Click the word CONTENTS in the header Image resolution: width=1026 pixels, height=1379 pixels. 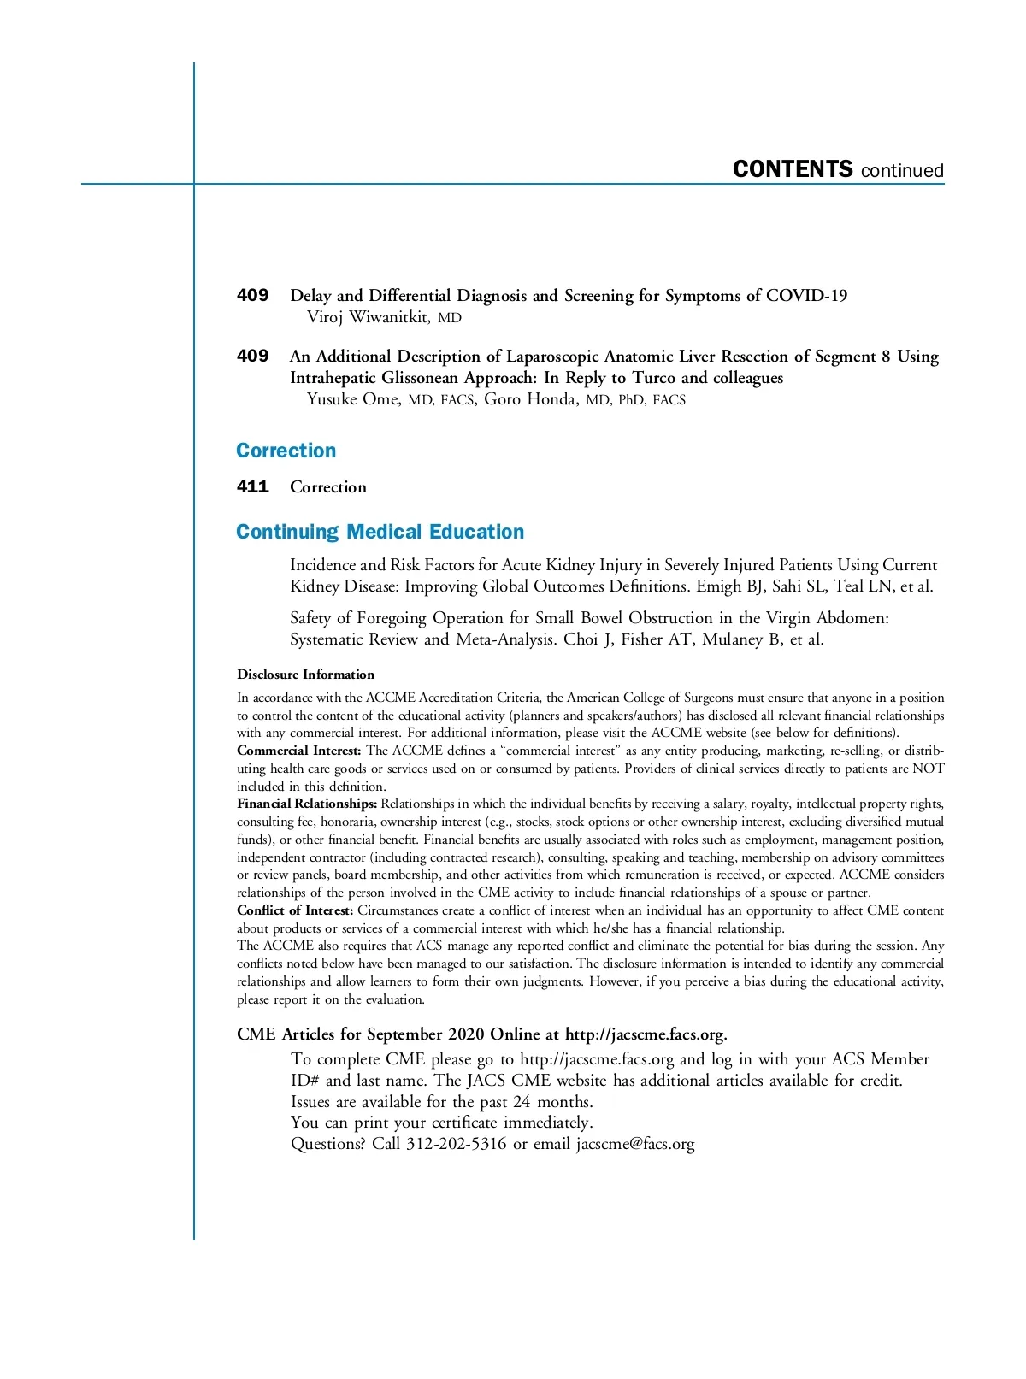pos(793,169)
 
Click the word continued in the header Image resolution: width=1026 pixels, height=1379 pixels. pos(902,171)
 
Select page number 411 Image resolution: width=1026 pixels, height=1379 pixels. pos(252,486)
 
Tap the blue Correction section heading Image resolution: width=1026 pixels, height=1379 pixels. pos(286,451)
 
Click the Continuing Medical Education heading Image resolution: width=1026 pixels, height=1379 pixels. pos(380,532)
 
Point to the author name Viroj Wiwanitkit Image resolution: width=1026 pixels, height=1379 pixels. pos(368,317)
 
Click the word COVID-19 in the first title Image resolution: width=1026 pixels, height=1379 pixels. pos(806,296)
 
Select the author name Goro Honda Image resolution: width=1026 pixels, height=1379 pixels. pos(532,399)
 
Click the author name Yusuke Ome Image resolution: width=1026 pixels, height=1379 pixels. pos(352,399)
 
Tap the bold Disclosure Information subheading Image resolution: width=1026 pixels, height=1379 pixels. pos(305,675)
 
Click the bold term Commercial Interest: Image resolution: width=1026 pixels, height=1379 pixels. pos(298,751)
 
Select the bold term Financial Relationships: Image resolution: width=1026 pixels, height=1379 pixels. pos(307,804)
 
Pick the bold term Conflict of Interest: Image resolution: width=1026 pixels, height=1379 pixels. pos(295,910)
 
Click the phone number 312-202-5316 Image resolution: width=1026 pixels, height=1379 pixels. pos(456,1144)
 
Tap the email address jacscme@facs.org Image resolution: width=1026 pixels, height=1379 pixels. pos(634,1144)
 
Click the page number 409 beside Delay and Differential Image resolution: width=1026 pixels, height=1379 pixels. pos(252,295)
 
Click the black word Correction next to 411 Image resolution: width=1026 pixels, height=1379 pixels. pos(328,487)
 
